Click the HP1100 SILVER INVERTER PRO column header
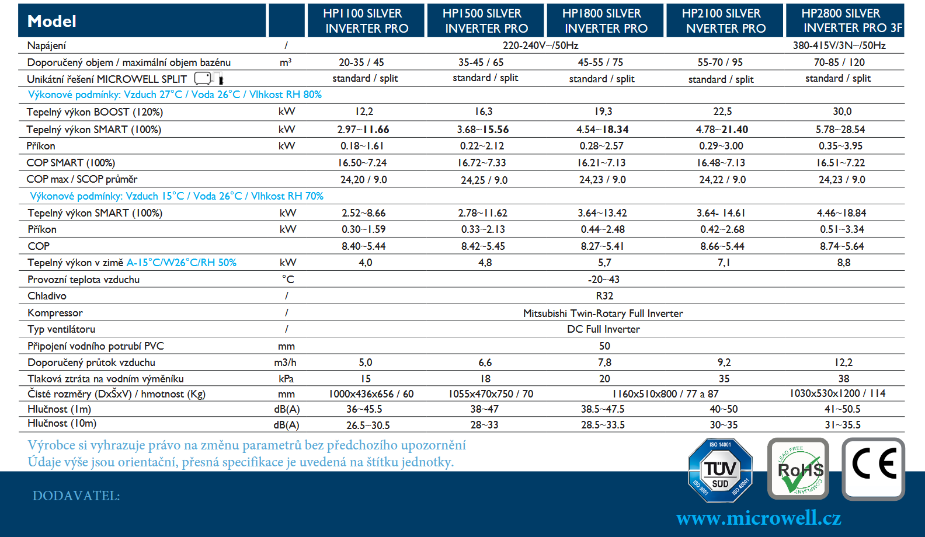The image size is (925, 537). click(366, 21)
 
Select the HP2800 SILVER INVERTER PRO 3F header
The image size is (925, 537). click(844, 21)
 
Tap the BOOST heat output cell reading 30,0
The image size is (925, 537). click(842, 111)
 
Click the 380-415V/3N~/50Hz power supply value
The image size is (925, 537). click(839, 46)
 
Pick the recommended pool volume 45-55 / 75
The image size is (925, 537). click(600, 62)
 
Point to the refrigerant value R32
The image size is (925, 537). click(604, 296)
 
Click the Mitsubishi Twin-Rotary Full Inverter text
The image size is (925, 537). click(603, 313)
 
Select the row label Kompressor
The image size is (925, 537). click(55, 313)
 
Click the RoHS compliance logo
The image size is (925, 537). click(798, 469)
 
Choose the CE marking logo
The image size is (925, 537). click(873, 468)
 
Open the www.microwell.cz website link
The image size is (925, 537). click(759, 518)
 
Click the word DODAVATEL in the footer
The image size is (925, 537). click(76, 496)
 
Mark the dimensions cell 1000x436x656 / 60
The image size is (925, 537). click(371, 394)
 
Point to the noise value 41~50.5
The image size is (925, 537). click(842, 409)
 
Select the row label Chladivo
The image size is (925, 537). click(47, 296)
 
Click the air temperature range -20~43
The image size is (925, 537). click(604, 280)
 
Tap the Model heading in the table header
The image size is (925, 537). click(52, 22)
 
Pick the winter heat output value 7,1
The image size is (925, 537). click(724, 263)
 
